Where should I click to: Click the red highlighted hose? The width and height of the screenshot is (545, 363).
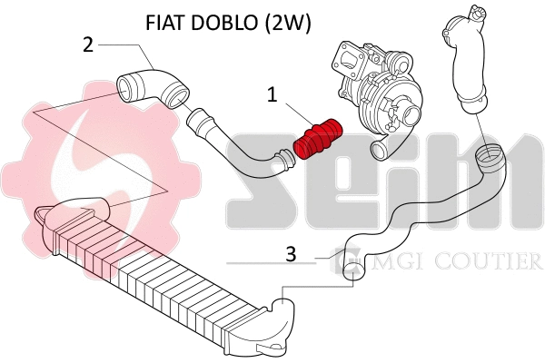click(x=320, y=137)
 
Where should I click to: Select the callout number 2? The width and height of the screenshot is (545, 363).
click(x=87, y=44)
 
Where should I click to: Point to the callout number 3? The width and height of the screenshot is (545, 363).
click(x=291, y=255)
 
